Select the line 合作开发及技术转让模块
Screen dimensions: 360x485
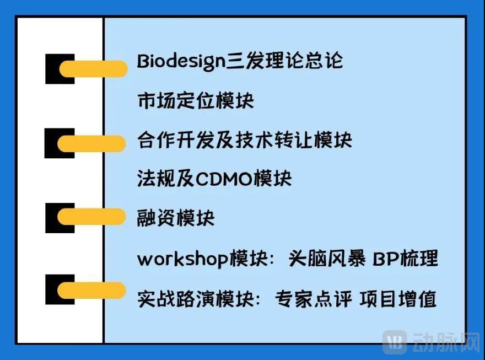(x=244, y=140)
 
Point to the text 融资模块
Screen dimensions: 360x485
(x=175, y=218)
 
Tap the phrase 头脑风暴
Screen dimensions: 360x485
(x=327, y=259)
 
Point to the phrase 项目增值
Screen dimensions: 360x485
(x=398, y=299)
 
